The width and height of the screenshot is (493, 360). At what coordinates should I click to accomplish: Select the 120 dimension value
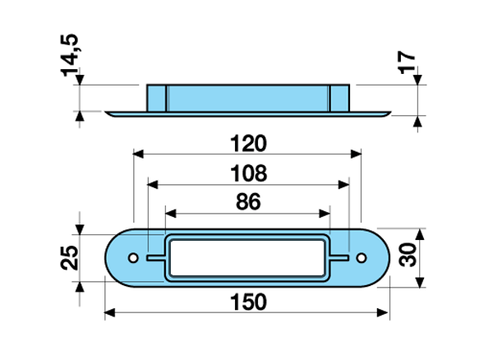tap(247, 145)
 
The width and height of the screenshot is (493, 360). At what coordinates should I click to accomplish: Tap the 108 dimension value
tap(248, 174)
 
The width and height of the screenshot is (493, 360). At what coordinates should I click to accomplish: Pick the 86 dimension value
tap(247, 201)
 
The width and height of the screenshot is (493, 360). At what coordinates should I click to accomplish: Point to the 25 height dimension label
tap(70, 257)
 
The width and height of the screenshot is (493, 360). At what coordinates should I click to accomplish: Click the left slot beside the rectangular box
tap(156, 258)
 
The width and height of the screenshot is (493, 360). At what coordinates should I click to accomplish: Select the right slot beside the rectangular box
tap(339, 258)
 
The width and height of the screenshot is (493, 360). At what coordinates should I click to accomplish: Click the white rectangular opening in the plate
tap(247, 258)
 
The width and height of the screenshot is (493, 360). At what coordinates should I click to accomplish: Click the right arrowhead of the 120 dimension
tap(356, 153)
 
